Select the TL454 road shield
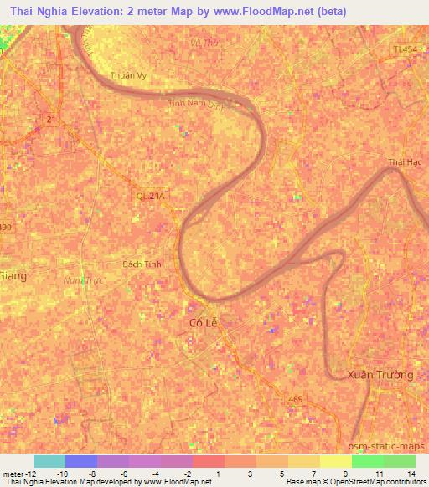[405, 50]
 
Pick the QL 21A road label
[152, 196]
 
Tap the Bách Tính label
[140, 263]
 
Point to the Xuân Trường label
[381, 375]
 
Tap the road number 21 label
[52, 120]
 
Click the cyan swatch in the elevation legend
[49, 461]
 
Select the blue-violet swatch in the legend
[81, 461]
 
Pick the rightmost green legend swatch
[399, 461]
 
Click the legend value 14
[411, 473]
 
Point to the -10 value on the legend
[63, 473]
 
